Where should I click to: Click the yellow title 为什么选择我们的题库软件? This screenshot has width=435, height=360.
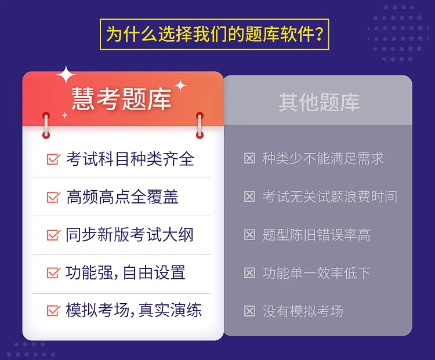[215, 34]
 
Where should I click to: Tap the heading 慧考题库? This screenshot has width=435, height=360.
[122, 99]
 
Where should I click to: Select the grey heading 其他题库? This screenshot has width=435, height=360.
[320, 103]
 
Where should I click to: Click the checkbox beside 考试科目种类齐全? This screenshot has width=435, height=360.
[53, 159]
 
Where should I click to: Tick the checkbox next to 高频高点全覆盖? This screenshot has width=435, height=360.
[53, 197]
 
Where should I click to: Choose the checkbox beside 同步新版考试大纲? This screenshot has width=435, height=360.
[53, 235]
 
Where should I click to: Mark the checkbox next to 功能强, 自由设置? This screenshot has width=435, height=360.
[53, 272]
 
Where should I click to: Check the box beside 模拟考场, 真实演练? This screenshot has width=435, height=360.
[53, 311]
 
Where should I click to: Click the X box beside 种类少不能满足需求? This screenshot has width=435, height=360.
[249, 158]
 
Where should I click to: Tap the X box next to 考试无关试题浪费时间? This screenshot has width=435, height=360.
[249, 197]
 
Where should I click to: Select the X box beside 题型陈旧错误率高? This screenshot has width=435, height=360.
[249, 235]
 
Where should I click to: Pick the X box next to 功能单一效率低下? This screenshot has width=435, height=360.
[249, 273]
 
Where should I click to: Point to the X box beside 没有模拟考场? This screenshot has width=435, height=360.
[249, 311]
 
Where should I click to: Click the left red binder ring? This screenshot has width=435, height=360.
[46, 125]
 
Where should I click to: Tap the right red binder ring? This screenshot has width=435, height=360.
[200, 125]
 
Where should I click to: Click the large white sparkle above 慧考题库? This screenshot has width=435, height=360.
[66, 75]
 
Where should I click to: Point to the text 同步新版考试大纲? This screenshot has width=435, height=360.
[129, 235]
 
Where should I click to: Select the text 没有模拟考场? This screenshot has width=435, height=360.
[303, 311]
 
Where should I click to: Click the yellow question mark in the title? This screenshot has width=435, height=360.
[319, 34]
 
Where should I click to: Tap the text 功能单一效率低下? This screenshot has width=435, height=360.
[317, 273]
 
